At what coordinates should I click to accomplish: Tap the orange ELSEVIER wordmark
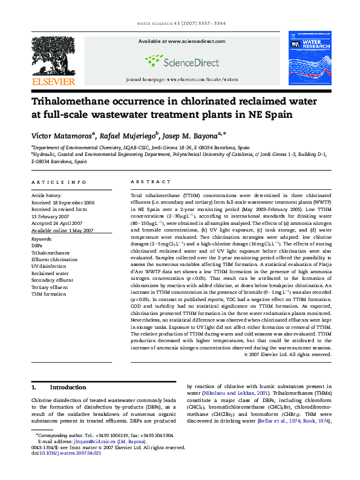(54, 81)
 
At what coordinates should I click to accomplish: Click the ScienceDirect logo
(177, 60)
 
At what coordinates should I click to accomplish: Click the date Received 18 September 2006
(63, 203)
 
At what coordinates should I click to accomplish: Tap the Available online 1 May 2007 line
(62, 230)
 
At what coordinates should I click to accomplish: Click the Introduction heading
(68, 387)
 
